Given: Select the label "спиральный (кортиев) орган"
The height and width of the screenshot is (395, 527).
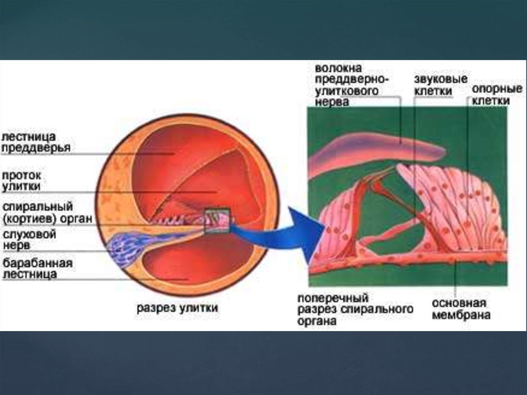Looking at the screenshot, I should (47, 213).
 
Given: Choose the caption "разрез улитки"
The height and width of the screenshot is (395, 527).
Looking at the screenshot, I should (177, 308).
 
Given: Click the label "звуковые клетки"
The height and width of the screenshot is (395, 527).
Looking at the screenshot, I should (441, 85).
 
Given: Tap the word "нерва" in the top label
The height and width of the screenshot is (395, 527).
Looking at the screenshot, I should (332, 102).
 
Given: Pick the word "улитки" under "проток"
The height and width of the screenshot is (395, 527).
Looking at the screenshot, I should (21, 186).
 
